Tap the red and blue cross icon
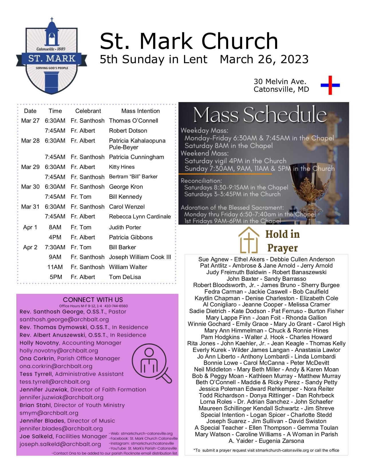point(330,85)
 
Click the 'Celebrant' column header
point(88,111)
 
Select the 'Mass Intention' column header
point(140,111)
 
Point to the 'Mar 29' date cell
point(30,167)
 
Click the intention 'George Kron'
point(126,187)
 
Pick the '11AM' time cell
point(55,267)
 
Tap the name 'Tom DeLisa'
point(125,277)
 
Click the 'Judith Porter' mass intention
point(125,228)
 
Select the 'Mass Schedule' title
point(260,115)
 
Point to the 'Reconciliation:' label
point(201,181)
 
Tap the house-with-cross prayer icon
point(248,240)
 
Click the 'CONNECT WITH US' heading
point(93,300)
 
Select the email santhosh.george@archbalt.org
point(64,320)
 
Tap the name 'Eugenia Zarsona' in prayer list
point(282,441)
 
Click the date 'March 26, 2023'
point(264,59)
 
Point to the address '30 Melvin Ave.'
point(280,82)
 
